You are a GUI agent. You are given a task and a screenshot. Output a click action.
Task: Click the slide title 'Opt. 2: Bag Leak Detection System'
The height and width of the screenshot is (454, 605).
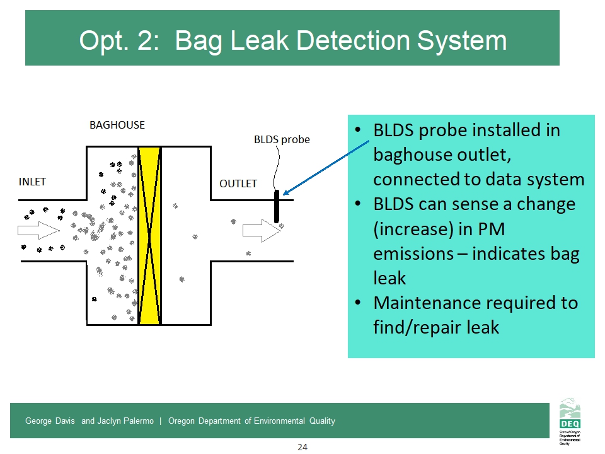[x=292, y=40]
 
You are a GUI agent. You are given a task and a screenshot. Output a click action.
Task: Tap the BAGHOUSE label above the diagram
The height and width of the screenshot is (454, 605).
[x=117, y=125]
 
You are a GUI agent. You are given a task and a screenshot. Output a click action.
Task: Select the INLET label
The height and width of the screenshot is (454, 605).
[x=32, y=182]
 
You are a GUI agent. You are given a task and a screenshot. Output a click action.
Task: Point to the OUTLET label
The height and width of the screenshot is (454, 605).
[x=238, y=183]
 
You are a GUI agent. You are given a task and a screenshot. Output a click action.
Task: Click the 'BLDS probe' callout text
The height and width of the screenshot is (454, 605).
[x=282, y=139]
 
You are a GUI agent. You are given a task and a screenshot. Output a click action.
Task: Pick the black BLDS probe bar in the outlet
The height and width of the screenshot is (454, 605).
[x=276, y=206]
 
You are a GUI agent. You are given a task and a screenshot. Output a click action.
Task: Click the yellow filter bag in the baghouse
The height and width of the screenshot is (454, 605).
[x=149, y=235]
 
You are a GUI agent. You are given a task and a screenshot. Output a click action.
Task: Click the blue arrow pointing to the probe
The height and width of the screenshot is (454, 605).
[x=325, y=168]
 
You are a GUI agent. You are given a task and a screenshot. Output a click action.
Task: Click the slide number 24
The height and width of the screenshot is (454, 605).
[x=302, y=447]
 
